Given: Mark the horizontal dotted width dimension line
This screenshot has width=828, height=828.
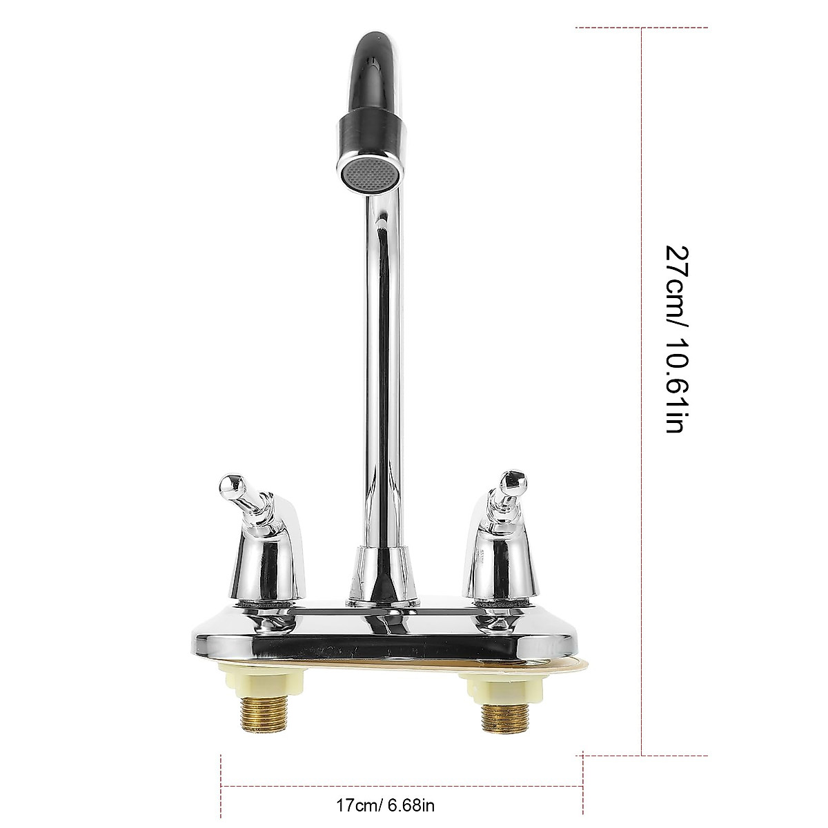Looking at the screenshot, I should (400, 786).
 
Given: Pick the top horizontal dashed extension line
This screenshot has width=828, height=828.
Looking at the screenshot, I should (642, 28).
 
